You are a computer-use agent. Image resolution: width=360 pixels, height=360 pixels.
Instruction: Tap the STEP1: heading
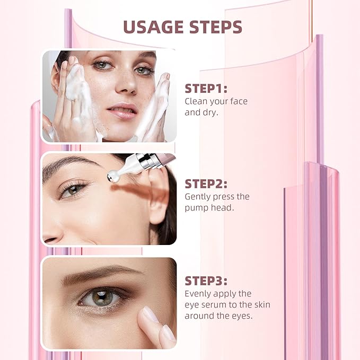(x=206, y=89)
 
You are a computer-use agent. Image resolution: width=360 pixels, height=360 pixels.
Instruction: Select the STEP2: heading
(x=206, y=184)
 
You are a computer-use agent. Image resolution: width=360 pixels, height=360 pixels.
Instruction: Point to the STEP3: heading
(x=206, y=280)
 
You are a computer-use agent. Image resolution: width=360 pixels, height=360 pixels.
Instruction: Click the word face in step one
(x=236, y=101)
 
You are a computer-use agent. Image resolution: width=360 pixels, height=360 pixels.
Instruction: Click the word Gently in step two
(x=198, y=197)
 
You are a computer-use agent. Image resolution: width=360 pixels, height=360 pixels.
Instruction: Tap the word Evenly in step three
(x=197, y=294)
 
